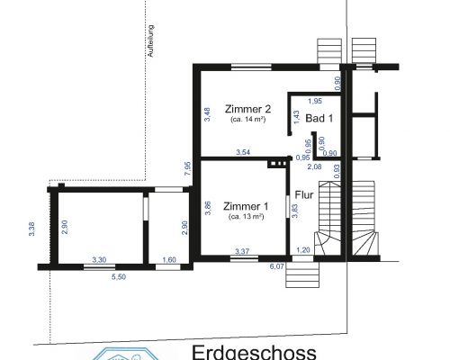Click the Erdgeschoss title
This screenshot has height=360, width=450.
pos(255,351)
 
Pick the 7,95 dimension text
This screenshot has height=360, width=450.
pos(187,168)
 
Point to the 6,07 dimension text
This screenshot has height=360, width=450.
pos(278,266)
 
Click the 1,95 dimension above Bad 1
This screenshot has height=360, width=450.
pos(315,101)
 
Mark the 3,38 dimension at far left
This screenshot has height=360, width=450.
pos(31,229)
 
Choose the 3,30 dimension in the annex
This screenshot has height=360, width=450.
pos(99,260)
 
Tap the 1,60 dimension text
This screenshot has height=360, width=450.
pos(169,260)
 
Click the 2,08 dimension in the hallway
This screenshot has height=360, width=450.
pos(315,167)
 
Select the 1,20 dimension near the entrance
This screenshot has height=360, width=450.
pos(303,249)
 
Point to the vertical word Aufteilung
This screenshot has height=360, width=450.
pos(151,40)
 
